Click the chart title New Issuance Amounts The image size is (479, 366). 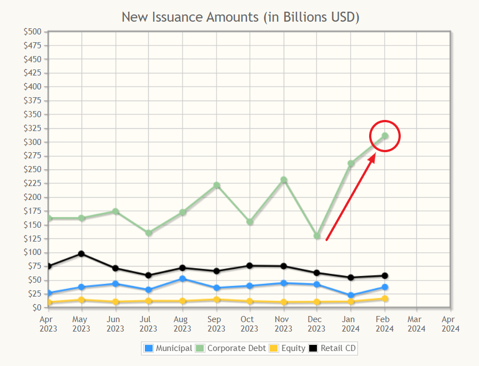(x=240, y=17)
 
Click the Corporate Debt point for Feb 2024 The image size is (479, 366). (x=385, y=136)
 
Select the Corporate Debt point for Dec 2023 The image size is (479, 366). (x=317, y=236)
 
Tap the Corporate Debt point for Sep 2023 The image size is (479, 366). (x=216, y=185)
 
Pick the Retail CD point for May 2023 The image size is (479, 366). (x=82, y=254)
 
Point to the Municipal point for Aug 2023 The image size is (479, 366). (x=183, y=279)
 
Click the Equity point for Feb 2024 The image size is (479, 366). (x=385, y=299)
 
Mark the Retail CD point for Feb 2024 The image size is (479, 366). (x=385, y=275)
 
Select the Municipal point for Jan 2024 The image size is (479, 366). (x=351, y=295)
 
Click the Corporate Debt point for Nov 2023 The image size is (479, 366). (x=284, y=180)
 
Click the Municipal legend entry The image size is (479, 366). (x=168, y=348)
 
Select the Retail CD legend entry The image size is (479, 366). (x=332, y=348)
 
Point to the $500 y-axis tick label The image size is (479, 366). (x=32, y=32)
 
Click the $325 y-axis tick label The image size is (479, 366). (x=32, y=128)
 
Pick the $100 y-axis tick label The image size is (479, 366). (x=32, y=252)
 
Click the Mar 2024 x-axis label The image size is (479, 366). (x=417, y=324)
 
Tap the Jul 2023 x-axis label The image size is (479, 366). (x=149, y=324)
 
